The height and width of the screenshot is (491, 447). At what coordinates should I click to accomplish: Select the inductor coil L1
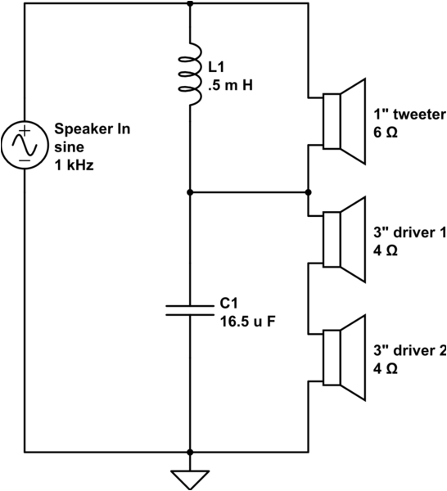coord(191,74)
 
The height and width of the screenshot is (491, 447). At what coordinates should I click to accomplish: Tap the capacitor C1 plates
coord(190,308)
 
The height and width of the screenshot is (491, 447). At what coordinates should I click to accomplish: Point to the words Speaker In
coord(93,128)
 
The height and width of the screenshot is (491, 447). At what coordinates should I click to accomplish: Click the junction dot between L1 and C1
coord(190,193)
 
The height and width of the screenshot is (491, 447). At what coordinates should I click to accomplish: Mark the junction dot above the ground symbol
coord(190,451)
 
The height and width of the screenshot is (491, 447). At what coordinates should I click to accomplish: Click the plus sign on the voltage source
coord(25,131)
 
